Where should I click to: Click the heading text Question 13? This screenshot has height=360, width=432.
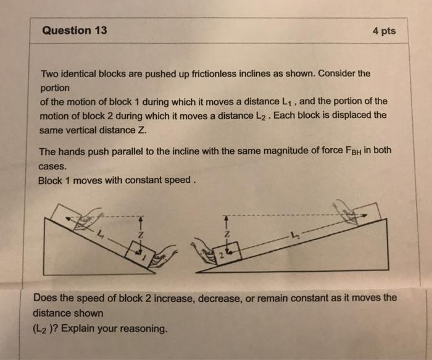[75, 30]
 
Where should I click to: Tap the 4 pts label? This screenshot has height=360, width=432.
[384, 31]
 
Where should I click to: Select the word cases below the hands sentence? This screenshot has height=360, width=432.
[52, 166]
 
